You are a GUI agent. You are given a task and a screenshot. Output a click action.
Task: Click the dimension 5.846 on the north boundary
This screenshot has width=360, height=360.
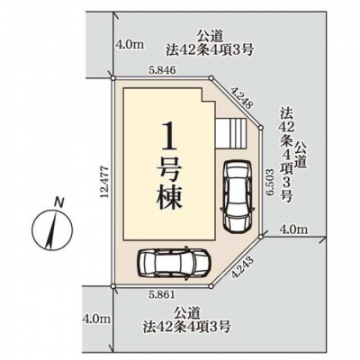(x=162, y=70)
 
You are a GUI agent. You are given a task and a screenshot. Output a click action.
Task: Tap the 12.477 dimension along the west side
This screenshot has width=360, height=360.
(x=104, y=181)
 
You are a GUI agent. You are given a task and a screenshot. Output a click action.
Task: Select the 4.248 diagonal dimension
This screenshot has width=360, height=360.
(x=242, y=97)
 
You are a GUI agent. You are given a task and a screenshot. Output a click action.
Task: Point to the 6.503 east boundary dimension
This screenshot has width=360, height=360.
(x=270, y=182)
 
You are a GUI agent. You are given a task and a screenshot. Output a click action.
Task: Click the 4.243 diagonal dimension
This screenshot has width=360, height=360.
(x=242, y=267)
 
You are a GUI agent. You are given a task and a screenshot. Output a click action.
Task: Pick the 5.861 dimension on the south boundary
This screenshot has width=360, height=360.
(x=162, y=295)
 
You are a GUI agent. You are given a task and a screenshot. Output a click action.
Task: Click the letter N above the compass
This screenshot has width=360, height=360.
(x=58, y=202)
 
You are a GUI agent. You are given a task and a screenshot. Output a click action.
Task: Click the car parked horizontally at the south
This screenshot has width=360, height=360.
(x=174, y=264)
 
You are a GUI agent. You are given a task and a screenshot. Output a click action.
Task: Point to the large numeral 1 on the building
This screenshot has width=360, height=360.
(x=168, y=137)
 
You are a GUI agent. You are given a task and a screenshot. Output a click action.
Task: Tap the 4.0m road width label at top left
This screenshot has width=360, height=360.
(x=130, y=45)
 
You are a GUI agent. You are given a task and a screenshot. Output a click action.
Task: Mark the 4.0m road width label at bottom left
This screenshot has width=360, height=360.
(x=96, y=319)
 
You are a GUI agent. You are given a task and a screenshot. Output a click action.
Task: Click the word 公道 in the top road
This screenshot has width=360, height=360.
(x=210, y=37)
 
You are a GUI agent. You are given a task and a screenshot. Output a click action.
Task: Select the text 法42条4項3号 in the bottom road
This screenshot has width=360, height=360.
(x=187, y=326)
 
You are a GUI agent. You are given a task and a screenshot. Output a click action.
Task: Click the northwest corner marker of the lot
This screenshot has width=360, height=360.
(x=112, y=78)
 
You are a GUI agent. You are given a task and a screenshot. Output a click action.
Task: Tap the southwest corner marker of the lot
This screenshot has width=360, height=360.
(x=112, y=286)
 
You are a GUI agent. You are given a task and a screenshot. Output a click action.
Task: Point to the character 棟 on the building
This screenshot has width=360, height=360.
(x=169, y=197)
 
